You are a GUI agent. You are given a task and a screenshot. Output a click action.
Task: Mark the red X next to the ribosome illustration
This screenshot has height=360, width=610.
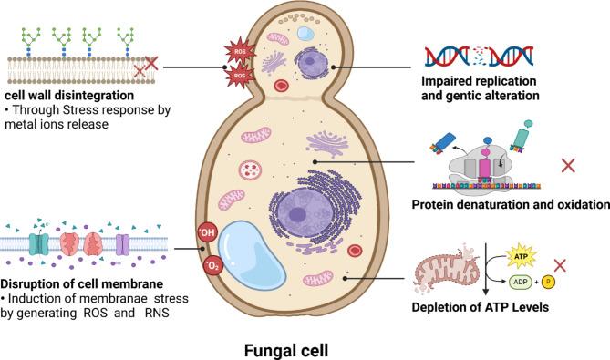click(x=568, y=165)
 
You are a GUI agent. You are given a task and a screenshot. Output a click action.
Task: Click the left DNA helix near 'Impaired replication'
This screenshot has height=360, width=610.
click(x=450, y=58)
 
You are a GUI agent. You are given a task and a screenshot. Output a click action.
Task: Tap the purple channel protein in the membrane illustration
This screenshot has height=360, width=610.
click(x=121, y=245)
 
